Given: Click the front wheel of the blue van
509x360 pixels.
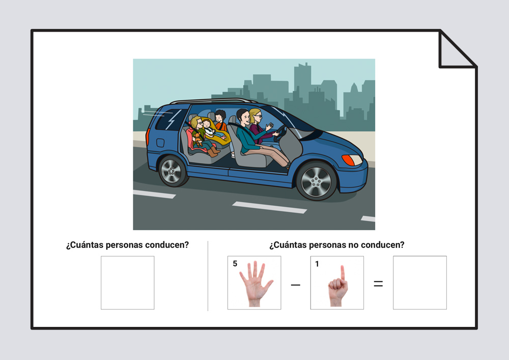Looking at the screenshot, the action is click(316, 181).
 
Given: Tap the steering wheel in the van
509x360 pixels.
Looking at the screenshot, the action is click(280, 133).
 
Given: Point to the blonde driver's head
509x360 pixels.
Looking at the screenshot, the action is click(256, 116).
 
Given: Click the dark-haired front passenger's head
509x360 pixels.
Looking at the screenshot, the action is click(243, 117).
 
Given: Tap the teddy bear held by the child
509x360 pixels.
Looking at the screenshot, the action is click(197, 139).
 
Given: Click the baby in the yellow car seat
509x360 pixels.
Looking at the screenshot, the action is click(208, 128).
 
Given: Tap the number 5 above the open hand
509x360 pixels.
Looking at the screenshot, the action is click(235, 264).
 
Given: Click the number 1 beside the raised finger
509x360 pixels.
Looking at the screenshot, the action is click(317, 264).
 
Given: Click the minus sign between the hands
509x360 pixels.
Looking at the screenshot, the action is click(295, 285).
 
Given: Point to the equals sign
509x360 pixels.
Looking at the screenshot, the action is click(378, 284).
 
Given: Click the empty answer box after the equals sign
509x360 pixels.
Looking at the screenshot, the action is click(420, 283).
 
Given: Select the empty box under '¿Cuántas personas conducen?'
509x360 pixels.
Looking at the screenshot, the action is click(128, 283).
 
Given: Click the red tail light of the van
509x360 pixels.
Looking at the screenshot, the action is click(148, 136).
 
